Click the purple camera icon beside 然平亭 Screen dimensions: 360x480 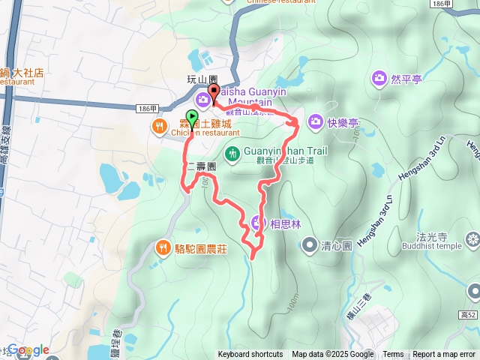click(379, 78)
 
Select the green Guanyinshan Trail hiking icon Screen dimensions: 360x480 click(232, 153)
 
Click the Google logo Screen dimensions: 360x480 click(28, 350)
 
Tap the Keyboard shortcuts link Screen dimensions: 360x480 click(250, 355)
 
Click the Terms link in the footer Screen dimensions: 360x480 click(393, 355)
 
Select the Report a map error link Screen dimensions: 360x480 click(445, 355)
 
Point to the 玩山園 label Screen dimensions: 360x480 click(201, 79)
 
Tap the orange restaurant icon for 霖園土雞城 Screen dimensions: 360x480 click(159, 127)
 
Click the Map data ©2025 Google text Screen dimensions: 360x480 click(333, 355)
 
